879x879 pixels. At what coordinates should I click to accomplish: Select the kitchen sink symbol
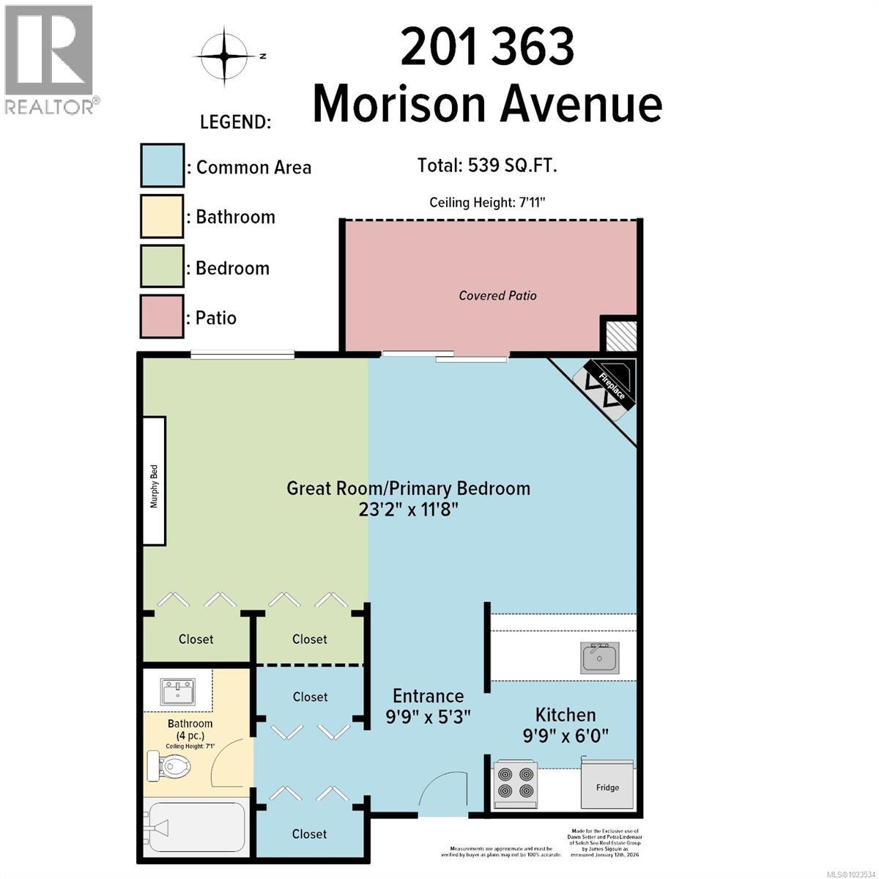pos(600,657)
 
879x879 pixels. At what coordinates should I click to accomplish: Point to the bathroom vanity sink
pos(178,691)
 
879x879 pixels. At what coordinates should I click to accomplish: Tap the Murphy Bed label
pos(154,481)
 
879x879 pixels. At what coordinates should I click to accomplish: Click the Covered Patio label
pos(497,295)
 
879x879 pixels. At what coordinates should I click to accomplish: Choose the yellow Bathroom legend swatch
pos(162,217)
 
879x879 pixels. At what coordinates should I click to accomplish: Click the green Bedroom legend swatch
pos(162,268)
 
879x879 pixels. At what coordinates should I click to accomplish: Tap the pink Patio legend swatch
pos(162,317)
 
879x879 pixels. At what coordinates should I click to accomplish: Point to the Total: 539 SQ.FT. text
pos(487,166)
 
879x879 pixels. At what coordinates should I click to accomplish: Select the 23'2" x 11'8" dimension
pos(408,509)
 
